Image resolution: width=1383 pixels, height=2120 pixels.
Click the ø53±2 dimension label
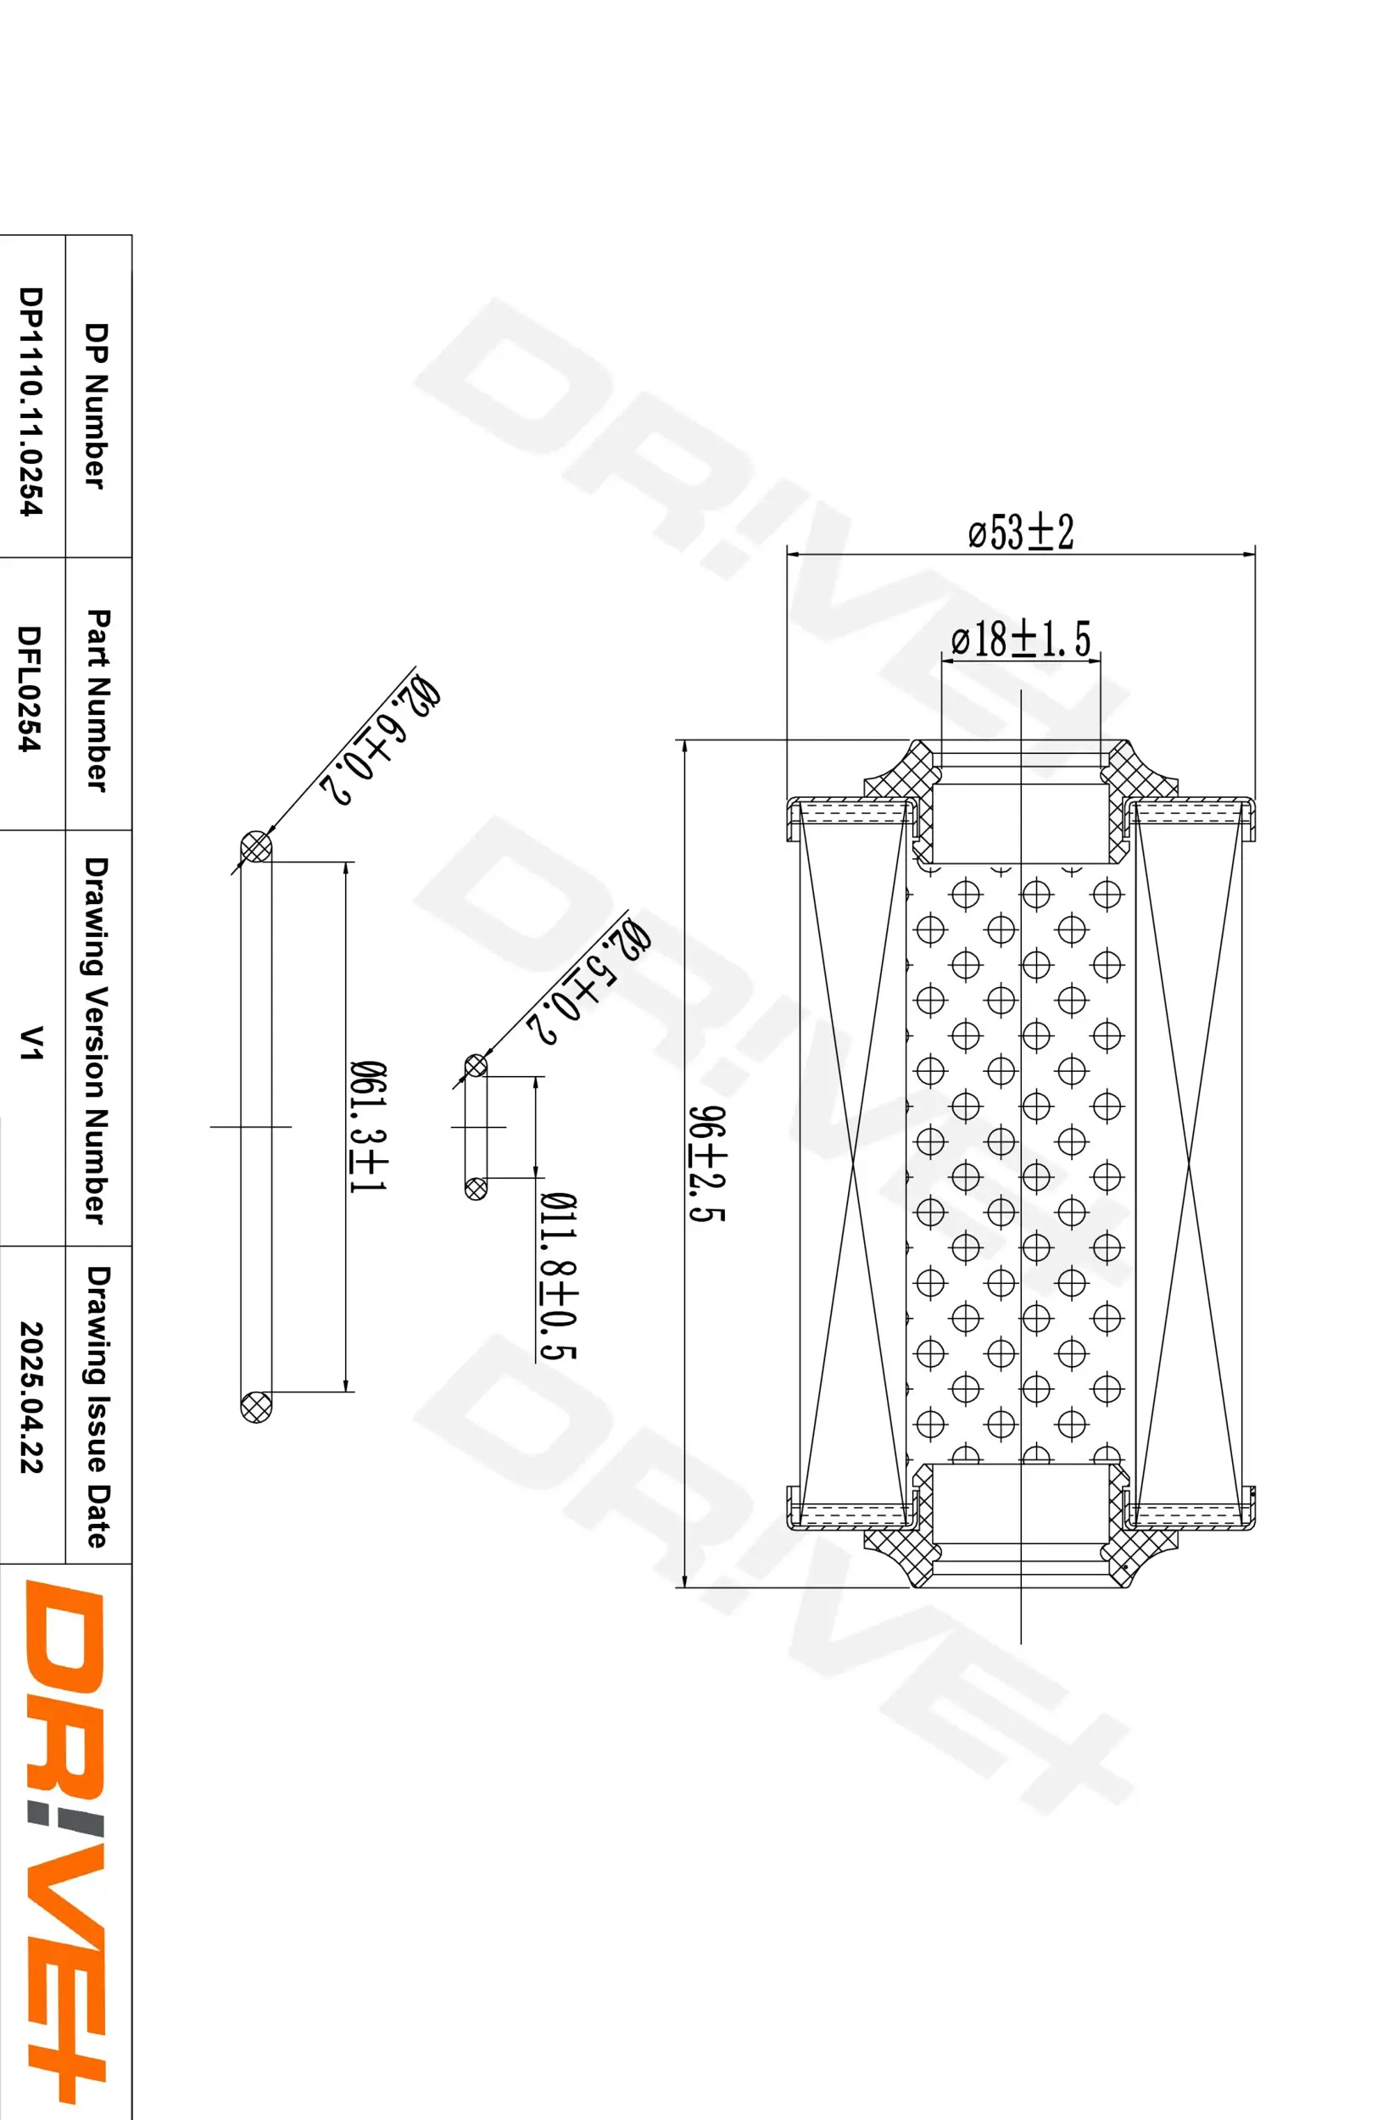[1021, 532]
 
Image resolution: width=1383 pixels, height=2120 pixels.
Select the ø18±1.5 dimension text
[1021, 639]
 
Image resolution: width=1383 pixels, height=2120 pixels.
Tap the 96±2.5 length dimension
[708, 1163]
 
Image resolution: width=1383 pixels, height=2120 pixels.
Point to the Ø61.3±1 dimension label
[366, 1127]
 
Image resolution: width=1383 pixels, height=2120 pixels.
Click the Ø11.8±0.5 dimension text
[558, 1276]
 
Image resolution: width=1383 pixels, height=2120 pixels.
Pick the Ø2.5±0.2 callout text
[588, 983]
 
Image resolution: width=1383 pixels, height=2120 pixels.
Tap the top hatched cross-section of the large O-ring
[256, 846]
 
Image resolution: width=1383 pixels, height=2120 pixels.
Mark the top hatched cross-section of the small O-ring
[476, 1064]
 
